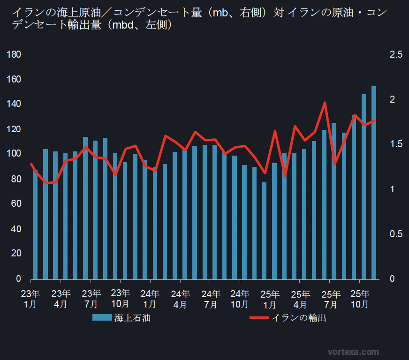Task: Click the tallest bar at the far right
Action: pyautogui.click(x=374, y=183)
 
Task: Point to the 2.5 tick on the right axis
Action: pyautogui.click(x=396, y=54)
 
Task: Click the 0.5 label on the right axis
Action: pyautogui.click(x=396, y=234)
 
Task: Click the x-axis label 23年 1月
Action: pyautogui.click(x=30, y=299)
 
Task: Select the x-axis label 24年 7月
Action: pyautogui.click(x=211, y=299)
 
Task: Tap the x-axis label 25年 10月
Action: pyautogui.click(x=360, y=299)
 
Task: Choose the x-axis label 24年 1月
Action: pyautogui.click(x=150, y=299)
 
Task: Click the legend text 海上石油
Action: pyautogui.click(x=132, y=318)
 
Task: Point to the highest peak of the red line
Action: pyautogui.click(x=325, y=103)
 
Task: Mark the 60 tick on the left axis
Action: pyautogui.click(x=15, y=204)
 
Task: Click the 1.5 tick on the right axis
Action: pyautogui.click(x=396, y=144)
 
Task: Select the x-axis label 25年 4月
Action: pyautogui.click(x=300, y=299)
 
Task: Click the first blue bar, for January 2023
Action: pyautogui.click(x=35, y=225)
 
